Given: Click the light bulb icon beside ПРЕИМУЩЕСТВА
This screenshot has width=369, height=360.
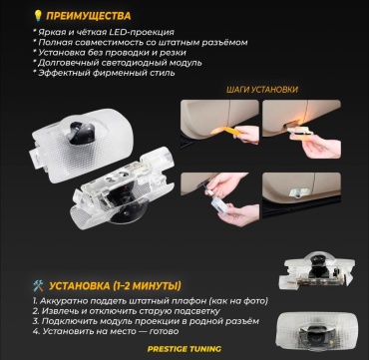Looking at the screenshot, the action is coord(37,15).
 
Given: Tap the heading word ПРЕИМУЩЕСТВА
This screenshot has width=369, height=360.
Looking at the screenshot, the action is coord(89,16).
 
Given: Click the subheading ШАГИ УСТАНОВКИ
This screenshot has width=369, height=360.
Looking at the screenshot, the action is coord(262,90).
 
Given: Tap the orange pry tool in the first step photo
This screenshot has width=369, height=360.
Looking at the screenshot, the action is coord(226,131).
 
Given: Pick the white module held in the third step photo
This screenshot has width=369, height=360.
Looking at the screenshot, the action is coord(219,204).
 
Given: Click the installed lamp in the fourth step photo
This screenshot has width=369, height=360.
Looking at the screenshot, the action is coord(300,193).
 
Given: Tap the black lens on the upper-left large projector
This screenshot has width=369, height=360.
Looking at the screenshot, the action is coord(82,132).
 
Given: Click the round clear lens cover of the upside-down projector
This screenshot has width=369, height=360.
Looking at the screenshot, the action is coord(128,210).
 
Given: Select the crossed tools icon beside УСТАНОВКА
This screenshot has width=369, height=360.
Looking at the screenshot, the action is coord(38,285).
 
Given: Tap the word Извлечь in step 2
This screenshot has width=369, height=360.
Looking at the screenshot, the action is coord(59,311).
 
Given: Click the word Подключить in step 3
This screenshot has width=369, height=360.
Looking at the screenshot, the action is coord(65,321).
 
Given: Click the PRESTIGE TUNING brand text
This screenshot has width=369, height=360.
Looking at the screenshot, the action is coord(184,349).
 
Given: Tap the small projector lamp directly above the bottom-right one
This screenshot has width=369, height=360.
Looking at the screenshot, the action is coord(316,270).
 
